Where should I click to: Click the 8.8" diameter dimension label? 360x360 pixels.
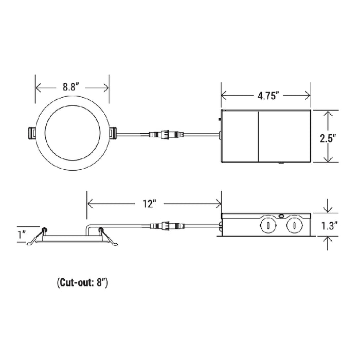point(72,87)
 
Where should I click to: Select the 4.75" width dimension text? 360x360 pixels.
point(265,96)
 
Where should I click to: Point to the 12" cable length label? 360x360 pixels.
point(149,204)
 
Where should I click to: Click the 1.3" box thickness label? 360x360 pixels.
point(330,224)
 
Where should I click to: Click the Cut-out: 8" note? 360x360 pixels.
point(82,282)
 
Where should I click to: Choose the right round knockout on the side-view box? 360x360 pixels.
point(293,225)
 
